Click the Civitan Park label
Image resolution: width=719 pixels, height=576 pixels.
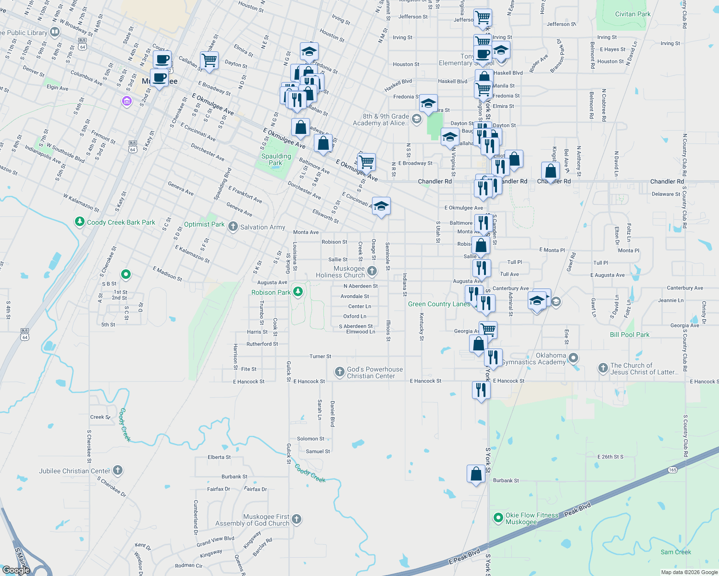pyautogui.click(x=632, y=14)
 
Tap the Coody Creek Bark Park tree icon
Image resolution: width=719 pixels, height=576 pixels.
pyautogui.click(x=80, y=222)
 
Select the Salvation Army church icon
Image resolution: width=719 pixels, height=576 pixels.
pyautogui.click(x=233, y=227)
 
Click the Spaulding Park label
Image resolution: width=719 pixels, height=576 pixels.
pyautogui.click(x=276, y=159)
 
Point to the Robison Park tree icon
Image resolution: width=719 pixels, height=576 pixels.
pyautogui.click(x=298, y=291)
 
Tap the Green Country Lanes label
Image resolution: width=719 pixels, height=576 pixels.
pyautogui.click(x=439, y=304)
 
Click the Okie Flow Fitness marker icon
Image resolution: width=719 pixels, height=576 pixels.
pyautogui.click(x=498, y=518)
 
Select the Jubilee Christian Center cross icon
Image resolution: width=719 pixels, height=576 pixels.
pyautogui.click(x=118, y=470)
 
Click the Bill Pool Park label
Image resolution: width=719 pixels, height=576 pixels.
pyautogui.click(x=629, y=335)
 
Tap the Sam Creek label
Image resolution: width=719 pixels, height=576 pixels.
pyautogui.click(x=675, y=552)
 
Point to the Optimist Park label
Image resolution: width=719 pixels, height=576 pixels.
pyautogui.click(x=204, y=224)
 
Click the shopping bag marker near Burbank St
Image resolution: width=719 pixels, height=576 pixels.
pyautogui.click(x=476, y=474)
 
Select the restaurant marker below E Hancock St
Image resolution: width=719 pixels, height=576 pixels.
pyautogui.click(x=481, y=390)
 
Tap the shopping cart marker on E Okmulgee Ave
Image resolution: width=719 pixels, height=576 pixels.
pyautogui.click(x=366, y=162)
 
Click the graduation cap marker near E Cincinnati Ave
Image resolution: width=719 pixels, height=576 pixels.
pyautogui.click(x=381, y=206)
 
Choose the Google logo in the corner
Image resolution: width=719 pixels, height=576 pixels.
pyautogui.click(x=16, y=570)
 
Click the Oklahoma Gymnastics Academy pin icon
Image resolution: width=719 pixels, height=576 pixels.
pyautogui.click(x=573, y=358)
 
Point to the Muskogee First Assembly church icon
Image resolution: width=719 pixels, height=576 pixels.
pyautogui.click(x=297, y=519)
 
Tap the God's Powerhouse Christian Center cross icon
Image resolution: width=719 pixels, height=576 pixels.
pyautogui.click(x=340, y=372)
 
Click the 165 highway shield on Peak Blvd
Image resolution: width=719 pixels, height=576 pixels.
pyautogui.click(x=672, y=470)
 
